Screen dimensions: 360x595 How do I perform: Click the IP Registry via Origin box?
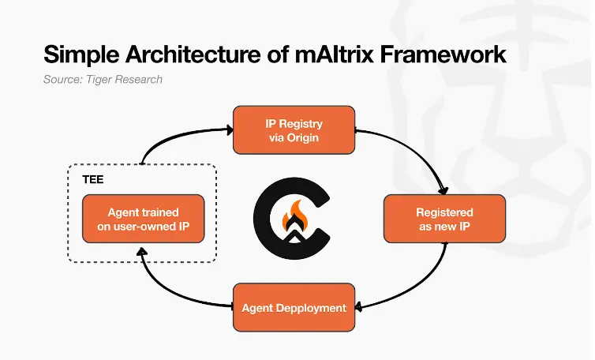(x=294, y=130)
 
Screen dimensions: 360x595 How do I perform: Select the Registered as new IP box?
(x=444, y=219)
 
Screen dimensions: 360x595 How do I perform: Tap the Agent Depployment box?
(x=294, y=307)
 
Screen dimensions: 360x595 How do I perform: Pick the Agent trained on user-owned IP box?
(x=143, y=219)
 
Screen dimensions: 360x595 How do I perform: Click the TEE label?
(x=93, y=180)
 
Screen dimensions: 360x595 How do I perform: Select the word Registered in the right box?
(x=444, y=212)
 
